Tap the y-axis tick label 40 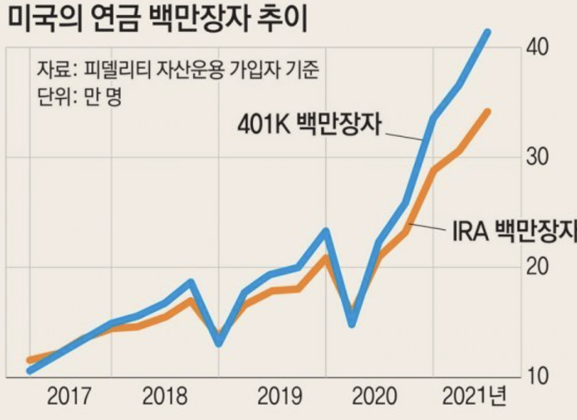pyautogui.click(x=537, y=47)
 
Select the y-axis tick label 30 pyautogui.click(x=537, y=157)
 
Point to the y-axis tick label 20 pyautogui.click(x=537, y=266)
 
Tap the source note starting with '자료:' pyautogui.click(x=176, y=70)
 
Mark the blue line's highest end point pyautogui.click(x=487, y=32)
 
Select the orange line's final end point pyautogui.click(x=487, y=112)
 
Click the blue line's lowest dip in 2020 pyautogui.click(x=352, y=323)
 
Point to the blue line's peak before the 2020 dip pyautogui.click(x=326, y=231)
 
